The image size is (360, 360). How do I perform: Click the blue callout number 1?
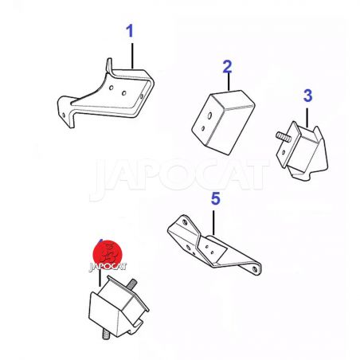129,31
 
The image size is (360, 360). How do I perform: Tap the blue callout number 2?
227,67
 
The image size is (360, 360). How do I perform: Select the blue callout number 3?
307,96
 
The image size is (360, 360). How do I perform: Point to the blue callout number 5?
216,199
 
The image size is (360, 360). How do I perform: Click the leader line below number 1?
132,55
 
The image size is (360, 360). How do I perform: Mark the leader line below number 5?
213,223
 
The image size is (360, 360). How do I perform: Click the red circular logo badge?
108,254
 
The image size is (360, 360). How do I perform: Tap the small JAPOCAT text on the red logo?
108,267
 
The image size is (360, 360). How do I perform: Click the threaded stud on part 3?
284,136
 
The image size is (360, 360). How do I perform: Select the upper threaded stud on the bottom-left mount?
131,284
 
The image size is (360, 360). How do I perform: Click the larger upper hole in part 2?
209,115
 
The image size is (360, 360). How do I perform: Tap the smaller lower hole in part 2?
203,128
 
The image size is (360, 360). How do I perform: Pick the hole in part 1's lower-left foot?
64,115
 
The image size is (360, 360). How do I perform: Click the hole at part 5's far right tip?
255,269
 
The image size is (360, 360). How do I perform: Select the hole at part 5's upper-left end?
185,222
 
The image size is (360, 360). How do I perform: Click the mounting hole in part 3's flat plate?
284,152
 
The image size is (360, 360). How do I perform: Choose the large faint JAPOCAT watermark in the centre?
179,176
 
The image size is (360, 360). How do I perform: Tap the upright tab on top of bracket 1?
109,65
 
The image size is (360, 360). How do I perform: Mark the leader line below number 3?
307,117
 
